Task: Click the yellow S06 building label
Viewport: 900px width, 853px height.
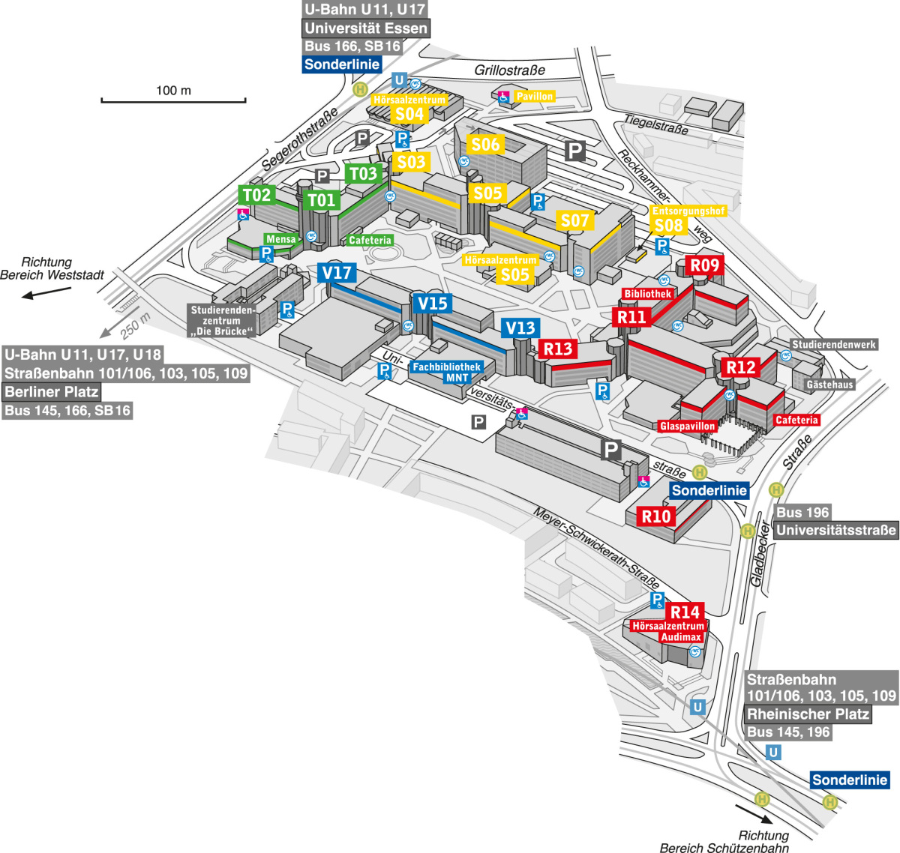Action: (485, 144)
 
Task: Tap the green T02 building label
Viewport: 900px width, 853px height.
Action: (256, 195)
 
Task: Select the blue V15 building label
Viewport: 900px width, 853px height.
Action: (432, 303)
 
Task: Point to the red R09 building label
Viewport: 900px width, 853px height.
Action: (704, 265)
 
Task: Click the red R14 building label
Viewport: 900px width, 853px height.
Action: (685, 612)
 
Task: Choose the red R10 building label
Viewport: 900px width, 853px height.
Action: (655, 516)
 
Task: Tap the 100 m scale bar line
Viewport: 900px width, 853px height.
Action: (173, 100)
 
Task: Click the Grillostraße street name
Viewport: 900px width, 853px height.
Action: (509, 70)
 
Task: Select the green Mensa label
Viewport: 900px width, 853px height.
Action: (280, 239)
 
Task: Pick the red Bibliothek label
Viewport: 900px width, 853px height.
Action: (647, 294)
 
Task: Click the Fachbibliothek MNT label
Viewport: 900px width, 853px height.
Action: (446, 372)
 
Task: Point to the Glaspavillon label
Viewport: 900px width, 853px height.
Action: (688, 426)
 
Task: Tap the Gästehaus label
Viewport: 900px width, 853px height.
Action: (830, 385)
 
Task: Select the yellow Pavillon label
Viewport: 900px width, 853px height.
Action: (534, 96)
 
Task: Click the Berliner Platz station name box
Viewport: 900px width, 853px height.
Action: (52, 391)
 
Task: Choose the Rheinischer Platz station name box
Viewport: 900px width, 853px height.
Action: (808, 714)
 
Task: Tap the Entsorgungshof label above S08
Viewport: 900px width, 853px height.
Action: (688, 211)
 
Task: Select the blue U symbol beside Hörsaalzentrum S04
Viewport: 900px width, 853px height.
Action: (399, 80)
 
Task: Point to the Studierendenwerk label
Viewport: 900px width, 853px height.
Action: (834, 344)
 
